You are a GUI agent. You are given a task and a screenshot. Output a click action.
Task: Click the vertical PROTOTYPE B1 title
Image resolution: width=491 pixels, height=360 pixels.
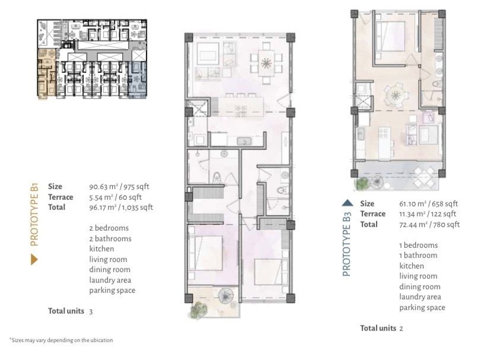coord(34,215)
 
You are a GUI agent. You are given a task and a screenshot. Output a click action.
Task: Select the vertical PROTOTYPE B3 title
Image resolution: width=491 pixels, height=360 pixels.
coord(347,245)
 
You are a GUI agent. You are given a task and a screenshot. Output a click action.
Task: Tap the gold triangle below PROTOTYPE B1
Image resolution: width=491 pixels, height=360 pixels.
coord(34,259)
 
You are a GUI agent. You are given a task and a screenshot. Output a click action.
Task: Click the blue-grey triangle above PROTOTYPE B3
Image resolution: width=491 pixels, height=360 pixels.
coord(347,203)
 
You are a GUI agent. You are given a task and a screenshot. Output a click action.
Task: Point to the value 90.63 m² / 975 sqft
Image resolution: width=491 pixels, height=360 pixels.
coord(119,187)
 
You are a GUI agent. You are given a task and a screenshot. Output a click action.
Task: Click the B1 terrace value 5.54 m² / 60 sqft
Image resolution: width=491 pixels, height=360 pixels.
coord(115,197)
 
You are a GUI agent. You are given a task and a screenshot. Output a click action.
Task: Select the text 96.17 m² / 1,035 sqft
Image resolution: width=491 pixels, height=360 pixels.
coord(121,208)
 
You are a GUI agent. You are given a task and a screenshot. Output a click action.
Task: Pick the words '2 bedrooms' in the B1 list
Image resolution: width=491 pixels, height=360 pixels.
coord(109,228)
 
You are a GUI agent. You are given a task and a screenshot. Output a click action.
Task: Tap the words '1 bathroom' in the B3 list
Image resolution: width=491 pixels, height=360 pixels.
coord(418,256)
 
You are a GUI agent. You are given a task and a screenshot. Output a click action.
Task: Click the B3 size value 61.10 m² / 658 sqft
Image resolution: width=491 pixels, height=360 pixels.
coord(428,203)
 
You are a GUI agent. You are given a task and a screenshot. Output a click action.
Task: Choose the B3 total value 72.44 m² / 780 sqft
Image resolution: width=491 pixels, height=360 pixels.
coord(429,225)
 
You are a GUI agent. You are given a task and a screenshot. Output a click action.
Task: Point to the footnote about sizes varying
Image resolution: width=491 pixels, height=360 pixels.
coord(61,340)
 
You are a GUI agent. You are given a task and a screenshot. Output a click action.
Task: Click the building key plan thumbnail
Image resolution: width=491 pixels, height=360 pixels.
coord(92,59)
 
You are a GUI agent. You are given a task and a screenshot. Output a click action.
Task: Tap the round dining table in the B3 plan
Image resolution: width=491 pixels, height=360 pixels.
coord(396,95)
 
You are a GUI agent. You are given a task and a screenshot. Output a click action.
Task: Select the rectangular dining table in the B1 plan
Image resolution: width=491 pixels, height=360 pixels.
coord(266,63)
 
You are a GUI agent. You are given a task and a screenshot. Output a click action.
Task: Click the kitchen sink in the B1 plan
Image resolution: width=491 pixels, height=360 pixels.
coord(244,141)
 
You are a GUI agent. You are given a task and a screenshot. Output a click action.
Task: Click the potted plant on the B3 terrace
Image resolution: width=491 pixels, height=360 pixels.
coord(362,184)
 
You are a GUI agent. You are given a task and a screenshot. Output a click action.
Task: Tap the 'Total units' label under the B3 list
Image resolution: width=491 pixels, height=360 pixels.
coord(378,328)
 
